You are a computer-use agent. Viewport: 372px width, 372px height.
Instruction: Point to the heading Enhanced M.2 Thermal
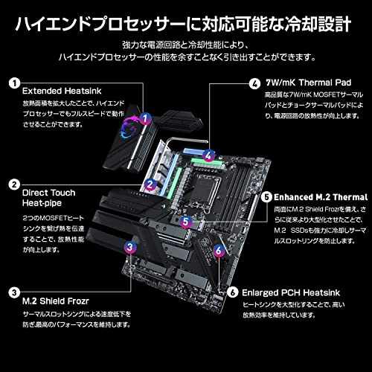coord(321,197)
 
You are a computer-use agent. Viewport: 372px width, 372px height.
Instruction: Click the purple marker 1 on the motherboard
coord(146,118)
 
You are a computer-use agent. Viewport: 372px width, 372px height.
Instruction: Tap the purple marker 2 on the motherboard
coord(150,182)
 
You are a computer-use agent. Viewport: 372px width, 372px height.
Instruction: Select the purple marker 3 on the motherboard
coord(130,247)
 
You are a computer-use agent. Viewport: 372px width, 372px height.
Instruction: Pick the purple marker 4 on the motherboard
coord(211,155)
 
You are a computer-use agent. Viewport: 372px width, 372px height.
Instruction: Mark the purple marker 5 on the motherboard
coord(187,221)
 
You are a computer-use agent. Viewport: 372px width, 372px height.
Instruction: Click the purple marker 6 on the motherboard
coord(218,250)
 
